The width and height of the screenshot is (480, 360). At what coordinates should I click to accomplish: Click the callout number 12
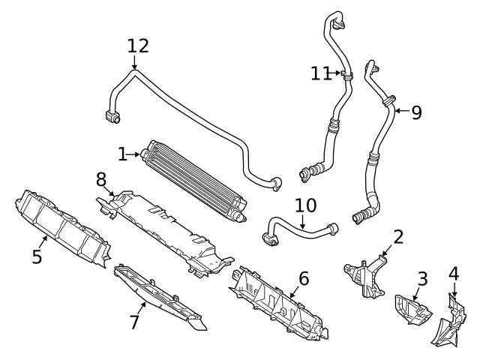pos(137,46)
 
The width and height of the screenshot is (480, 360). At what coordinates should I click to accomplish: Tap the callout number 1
pos(122,154)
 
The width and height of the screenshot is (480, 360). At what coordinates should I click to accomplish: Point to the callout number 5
pos(37,256)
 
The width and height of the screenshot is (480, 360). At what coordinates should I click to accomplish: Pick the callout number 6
pos(303,278)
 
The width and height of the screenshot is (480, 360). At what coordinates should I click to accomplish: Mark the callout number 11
pos(320,73)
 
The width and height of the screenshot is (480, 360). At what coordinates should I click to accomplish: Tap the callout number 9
pos(416,112)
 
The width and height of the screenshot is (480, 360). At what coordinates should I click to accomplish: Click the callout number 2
pos(398,237)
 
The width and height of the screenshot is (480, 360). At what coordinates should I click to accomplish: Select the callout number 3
pos(422,280)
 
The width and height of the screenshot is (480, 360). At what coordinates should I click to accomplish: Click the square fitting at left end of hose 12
pos(113,117)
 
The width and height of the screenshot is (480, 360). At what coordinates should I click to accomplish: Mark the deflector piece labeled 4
pos(448,322)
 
